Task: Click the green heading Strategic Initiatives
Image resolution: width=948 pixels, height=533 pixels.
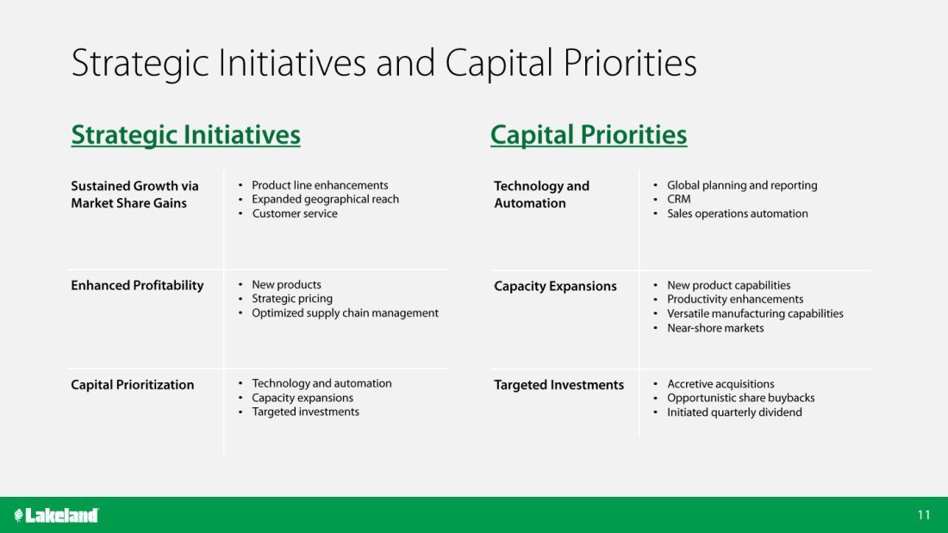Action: (185, 135)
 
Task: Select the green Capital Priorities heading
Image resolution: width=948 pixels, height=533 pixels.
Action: (589, 135)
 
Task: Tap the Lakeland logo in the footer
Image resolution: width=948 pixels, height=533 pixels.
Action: (56, 515)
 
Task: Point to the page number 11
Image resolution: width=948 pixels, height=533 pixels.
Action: (923, 515)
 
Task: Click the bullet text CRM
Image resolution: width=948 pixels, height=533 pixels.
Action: (678, 200)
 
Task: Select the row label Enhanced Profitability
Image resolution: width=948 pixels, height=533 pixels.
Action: (137, 286)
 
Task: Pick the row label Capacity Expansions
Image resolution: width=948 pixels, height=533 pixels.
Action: (555, 287)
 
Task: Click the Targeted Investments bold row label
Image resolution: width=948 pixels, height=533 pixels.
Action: (558, 385)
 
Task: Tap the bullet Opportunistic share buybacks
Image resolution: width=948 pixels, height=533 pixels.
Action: (740, 398)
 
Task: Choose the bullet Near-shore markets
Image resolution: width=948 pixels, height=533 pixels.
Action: (715, 328)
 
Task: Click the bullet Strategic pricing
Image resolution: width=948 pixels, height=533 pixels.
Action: (292, 299)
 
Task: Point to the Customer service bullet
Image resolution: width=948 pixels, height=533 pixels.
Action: (295, 214)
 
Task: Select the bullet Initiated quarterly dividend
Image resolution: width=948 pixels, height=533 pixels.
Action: (734, 412)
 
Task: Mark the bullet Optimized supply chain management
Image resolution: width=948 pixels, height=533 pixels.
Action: (345, 313)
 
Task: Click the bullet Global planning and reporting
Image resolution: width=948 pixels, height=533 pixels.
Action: (742, 185)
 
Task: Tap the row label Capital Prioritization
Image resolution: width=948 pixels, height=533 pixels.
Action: (133, 385)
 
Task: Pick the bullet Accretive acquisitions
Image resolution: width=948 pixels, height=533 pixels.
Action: (720, 384)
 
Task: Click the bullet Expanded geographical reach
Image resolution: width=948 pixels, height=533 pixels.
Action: (325, 200)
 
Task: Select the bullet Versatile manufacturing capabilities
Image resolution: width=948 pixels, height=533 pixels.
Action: (755, 313)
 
